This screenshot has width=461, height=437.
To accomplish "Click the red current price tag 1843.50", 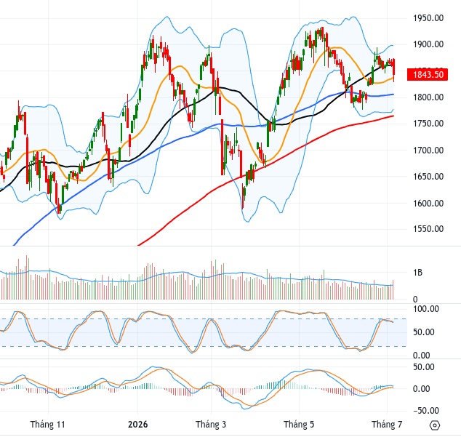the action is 428,74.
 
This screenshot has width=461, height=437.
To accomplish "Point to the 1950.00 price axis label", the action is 428,18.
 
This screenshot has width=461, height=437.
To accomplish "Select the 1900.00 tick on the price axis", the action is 428,44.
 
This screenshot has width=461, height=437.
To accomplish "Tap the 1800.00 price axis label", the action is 428,97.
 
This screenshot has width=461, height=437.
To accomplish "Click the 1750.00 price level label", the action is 428,124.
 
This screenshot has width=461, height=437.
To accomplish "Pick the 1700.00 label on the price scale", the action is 428,151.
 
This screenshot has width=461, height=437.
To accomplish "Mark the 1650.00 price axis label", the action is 428,177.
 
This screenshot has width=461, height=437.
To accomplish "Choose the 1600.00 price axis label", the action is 428,203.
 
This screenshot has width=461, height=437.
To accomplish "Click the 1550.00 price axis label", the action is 428,229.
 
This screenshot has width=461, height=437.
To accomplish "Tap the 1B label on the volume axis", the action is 418,273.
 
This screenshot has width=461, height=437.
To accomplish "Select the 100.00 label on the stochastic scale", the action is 426,309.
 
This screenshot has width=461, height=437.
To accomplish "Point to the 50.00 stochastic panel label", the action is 424,332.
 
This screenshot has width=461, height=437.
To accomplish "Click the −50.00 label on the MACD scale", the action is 424,411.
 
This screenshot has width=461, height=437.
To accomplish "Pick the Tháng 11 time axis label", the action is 47,425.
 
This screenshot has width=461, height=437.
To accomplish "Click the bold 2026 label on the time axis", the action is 137,425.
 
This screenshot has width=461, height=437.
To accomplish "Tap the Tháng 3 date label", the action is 211,425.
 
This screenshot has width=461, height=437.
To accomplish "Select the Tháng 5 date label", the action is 299,425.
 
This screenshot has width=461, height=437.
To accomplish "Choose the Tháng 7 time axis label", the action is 387,425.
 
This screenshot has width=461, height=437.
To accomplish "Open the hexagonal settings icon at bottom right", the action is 435,425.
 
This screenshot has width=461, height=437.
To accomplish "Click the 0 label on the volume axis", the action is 415,299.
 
